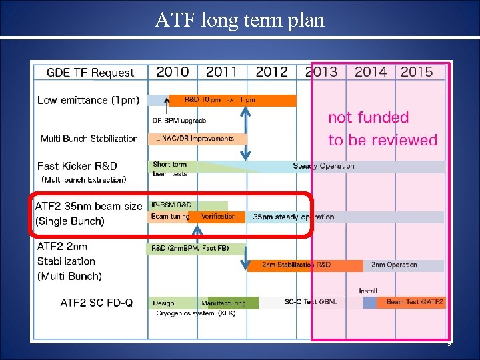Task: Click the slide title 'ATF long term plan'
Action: point(240,20)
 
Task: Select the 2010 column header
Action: point(173,72)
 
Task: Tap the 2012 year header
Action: point(272,72)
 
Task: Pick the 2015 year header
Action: point(417,72)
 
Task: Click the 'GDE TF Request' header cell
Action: point(91,73)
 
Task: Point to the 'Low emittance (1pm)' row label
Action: point(88,100)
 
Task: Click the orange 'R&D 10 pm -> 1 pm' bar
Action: point(231,100)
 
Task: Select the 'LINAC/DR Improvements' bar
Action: point(196,139)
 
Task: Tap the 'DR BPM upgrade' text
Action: point(179,121)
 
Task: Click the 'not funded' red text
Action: point(368,118)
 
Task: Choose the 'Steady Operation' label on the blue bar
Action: point(324,166)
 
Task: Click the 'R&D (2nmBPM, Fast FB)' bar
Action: point(190,248)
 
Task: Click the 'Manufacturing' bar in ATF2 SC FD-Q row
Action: point(224,303)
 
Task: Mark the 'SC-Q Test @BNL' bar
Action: point(311,303)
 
